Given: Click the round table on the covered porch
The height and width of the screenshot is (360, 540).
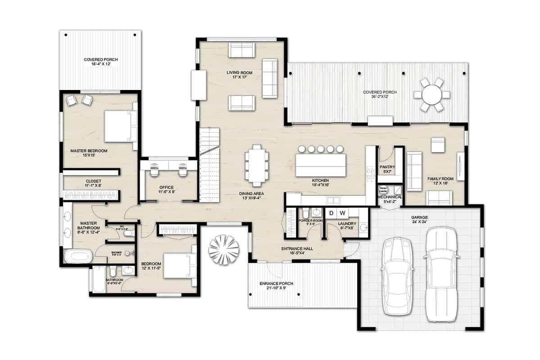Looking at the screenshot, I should pos(431,94).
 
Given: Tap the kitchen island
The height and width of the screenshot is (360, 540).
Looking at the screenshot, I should pos(321,165).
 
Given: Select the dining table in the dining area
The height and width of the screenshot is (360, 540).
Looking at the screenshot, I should pos(257,165).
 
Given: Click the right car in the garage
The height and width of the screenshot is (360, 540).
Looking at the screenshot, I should pos(441,274).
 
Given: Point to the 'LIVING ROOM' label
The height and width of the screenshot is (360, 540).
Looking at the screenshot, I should pos(239,72).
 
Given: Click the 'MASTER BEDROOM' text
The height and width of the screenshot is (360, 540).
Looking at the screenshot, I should pos(89,151).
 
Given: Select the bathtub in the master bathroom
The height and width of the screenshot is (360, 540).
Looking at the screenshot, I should pos(78,256).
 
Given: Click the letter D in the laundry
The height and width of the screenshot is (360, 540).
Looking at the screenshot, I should pos(331,213).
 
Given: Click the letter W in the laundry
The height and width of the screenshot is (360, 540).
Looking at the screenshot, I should pos(342,213).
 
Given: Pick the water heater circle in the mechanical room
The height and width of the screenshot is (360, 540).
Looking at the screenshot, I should pos(383,190).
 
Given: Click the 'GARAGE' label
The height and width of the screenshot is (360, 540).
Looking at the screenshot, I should pos(419,217).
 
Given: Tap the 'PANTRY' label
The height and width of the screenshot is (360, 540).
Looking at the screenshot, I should pos(387,167).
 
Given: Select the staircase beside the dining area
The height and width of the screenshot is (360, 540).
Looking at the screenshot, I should pos(209,164).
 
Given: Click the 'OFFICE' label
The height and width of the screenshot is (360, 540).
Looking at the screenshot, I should pos(166,188).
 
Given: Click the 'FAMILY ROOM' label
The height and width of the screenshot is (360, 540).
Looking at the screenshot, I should pos(440,179).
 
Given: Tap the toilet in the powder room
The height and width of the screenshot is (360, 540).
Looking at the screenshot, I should pos(305,213).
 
